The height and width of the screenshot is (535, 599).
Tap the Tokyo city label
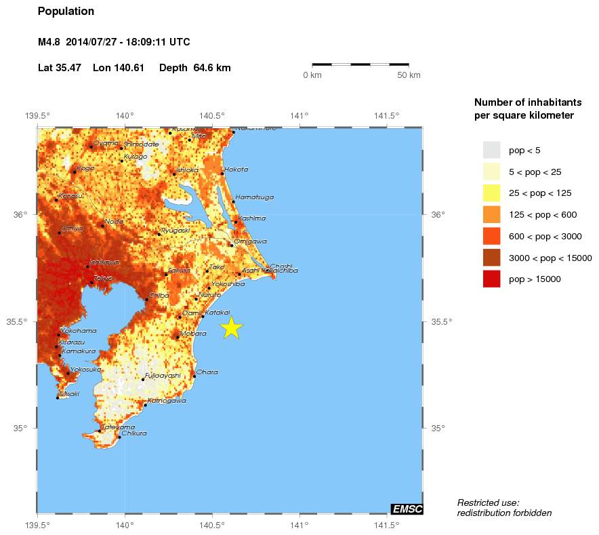103,278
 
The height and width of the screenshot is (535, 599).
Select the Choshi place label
281,266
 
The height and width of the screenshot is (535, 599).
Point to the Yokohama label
79,331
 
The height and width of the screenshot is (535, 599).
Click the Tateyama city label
113,427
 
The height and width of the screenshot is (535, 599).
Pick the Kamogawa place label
167,401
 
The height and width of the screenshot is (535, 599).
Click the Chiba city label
158,295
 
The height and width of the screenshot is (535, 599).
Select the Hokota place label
236,170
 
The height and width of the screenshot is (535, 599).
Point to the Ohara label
207,372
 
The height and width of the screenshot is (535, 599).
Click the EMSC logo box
407,509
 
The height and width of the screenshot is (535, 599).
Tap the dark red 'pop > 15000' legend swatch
491,279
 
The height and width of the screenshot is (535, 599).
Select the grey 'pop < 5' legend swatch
491,150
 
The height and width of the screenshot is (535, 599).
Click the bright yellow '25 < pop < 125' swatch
491,193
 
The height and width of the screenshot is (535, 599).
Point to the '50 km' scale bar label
409,75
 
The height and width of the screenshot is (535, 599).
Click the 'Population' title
66,12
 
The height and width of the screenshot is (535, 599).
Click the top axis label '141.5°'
386,115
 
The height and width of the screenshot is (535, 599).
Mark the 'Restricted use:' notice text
488,502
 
